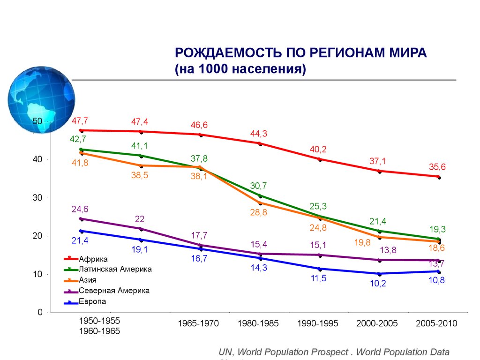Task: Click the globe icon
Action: (41, 99)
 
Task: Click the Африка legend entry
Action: (93, 259)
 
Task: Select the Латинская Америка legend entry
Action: (115, 270)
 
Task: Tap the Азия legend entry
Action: (88, 280)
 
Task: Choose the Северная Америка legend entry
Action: (114, 291)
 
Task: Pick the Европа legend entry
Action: (92, 301)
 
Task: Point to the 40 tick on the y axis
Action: (37, 159)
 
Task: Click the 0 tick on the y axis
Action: (40, 312)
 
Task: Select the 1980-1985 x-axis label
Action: (258, 323)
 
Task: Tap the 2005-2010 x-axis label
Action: (436, 323)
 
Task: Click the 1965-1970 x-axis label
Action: (198, 323)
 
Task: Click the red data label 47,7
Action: (80, 121)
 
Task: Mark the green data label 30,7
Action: (258, 186)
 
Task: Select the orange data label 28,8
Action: (258, 212)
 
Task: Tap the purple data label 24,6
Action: (80, 209)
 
